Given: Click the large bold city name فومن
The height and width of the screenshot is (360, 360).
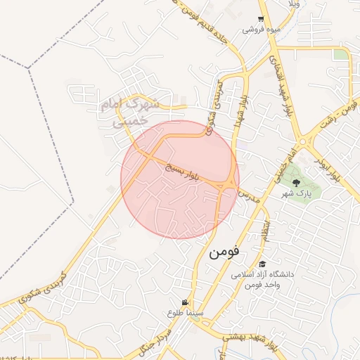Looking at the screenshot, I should [224, 251].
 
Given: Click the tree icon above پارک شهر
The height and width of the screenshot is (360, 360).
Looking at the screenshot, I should [295, 182].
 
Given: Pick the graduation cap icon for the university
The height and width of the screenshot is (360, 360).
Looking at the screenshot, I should [262, 264].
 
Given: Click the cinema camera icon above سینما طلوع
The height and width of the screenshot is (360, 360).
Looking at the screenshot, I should [186, 302].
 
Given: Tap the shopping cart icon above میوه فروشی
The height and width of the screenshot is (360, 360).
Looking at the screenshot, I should [261, 20].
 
